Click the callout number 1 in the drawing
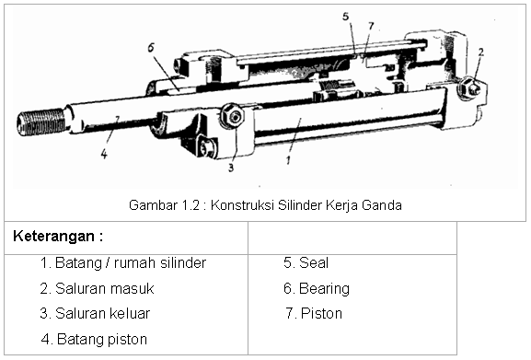288,160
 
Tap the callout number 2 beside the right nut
481,52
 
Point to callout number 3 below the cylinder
231,168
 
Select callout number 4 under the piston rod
104,154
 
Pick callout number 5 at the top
345,17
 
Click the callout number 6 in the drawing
151,47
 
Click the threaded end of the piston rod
40,122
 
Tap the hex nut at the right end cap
469,88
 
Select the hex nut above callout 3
233,116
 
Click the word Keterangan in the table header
54,236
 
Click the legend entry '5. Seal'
306,262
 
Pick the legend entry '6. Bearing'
317,288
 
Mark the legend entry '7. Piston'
314,314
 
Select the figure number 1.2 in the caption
191,205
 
